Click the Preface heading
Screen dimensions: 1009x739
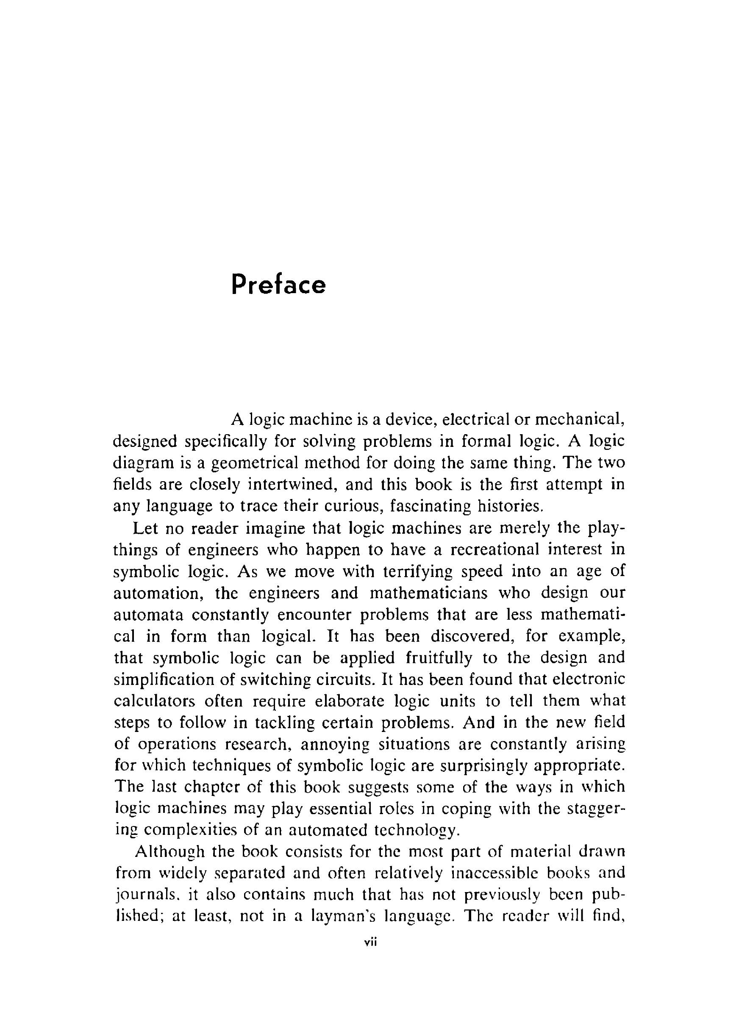[x=278, y=285]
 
